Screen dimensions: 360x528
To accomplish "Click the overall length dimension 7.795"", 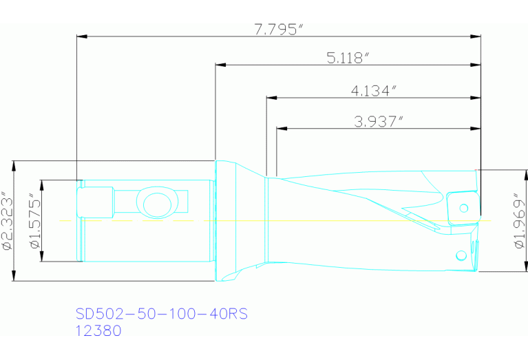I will click(278, 29).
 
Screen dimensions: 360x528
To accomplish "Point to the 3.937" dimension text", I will click(378, 121).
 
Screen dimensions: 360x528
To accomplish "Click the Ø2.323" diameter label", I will click(6, 220).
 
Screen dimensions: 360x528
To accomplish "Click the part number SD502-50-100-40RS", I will click(160, 314).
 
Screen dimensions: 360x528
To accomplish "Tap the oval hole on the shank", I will click(156, 204).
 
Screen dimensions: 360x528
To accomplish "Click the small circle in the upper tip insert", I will click(464, 207).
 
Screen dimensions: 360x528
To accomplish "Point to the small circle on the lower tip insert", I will click(460, 256).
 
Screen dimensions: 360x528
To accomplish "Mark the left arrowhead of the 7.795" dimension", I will click(81, 36).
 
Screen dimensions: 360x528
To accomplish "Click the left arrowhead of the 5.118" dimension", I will click(220, 66).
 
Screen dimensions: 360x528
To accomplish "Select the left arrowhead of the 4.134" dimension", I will click(271, 97).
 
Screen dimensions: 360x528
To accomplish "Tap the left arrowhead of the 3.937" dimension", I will click(280, 128).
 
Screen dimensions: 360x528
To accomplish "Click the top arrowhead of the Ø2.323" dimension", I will click(14, 165).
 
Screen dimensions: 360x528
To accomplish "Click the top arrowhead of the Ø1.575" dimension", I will click(41, 184).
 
